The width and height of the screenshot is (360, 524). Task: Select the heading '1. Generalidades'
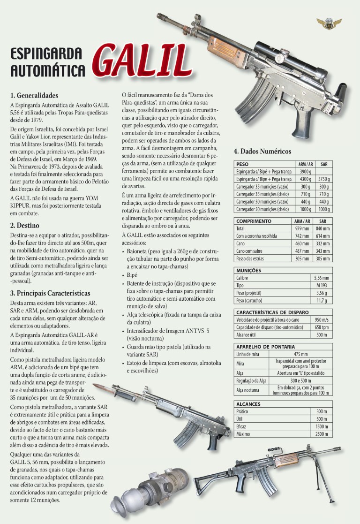[x=34, y=95]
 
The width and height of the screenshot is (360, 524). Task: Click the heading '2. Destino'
[x=25, y=225]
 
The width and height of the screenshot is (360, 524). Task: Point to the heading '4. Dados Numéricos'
[x=262, y=151]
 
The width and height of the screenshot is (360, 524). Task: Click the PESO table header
[x=243, y=165]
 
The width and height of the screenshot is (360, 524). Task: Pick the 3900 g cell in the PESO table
[x=305, y=172]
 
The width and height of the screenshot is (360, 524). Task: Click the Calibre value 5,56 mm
[x=321, y=278]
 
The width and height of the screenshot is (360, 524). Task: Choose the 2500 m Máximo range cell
[x=322, y=434]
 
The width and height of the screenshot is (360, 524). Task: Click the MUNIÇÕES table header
[x=249, y=271]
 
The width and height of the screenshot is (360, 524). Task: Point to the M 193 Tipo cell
[x=321, y=285]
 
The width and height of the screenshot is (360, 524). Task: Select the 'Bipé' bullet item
[x=132, y=275]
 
